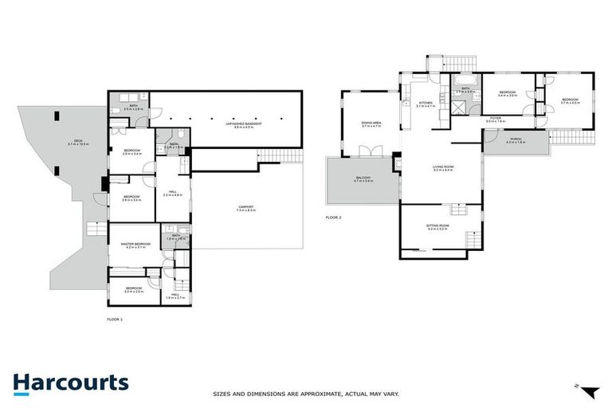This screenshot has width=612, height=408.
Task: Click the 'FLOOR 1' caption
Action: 115,319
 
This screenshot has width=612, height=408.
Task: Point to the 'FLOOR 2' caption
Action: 333,217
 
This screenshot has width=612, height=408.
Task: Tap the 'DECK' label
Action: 77,142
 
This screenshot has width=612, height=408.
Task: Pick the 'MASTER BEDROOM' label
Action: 135,244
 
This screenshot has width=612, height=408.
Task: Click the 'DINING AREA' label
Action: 372,123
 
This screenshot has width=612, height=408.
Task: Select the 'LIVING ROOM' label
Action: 443,167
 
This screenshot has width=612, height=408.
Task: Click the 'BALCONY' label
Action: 363,179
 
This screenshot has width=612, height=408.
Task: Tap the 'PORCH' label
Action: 516,139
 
